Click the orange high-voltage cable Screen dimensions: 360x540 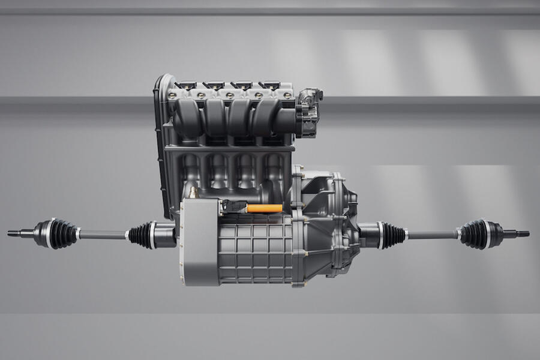pyautogui.click(x=264, y=209)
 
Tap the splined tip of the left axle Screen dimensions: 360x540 pyautogui.click(x=14, y=233)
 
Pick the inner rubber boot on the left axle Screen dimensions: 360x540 pyautogui.click(x=142, y=235)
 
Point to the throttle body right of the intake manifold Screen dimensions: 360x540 pyautogui.click(x=309, y=113)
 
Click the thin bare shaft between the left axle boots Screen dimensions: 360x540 pyautogui.click(x=102, y=235)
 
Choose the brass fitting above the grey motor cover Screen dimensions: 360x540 pyautogui.click(x=193, y=193)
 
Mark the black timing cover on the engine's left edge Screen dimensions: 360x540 pyautogui.click(x=160, y=144)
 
